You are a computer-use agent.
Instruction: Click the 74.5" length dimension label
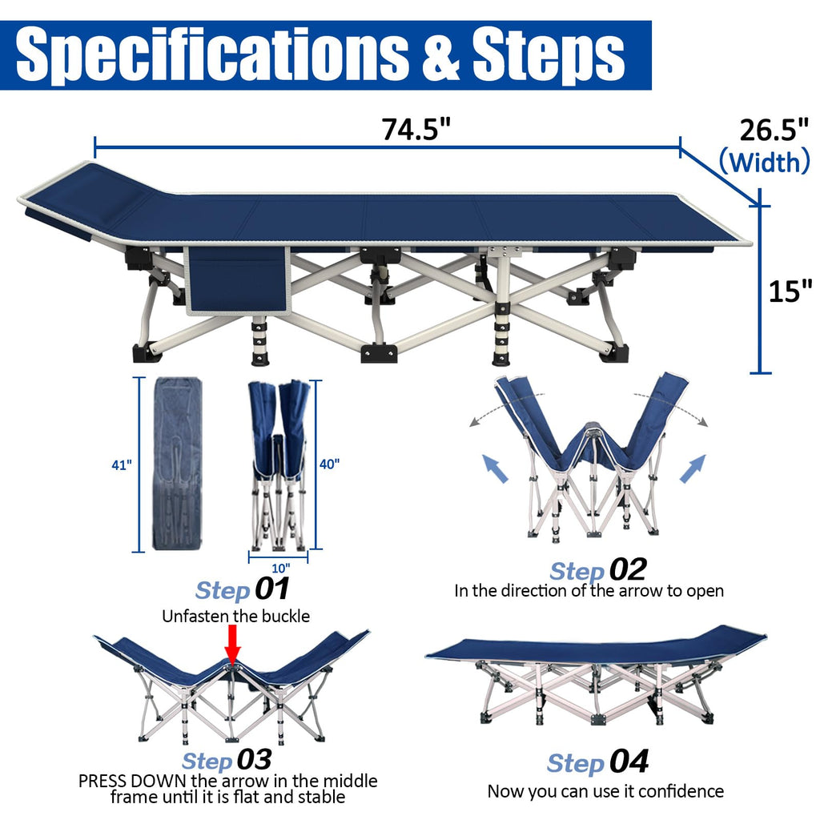point(416,129)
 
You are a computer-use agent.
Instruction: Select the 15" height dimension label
point(790,291)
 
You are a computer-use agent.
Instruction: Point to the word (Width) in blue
point(765,162)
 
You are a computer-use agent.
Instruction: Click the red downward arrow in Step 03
point(233,645)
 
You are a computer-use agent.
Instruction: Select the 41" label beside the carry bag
point(122,465)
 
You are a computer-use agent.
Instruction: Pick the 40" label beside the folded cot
point(329,464)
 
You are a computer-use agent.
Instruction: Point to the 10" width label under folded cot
point(281,568)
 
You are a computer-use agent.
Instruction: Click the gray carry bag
point(177,464)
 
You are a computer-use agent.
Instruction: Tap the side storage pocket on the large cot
point(238,281)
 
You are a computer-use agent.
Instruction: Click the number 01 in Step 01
point(272,589)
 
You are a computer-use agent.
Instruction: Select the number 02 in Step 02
point(628,569)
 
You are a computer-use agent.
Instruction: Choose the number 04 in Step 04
point(629,762)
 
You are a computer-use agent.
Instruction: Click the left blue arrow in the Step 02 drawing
point(494,468)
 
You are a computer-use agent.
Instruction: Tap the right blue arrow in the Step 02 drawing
point(693,468)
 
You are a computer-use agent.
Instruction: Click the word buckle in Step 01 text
point(286,616)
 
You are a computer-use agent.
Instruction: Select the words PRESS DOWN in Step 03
point(132,781)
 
